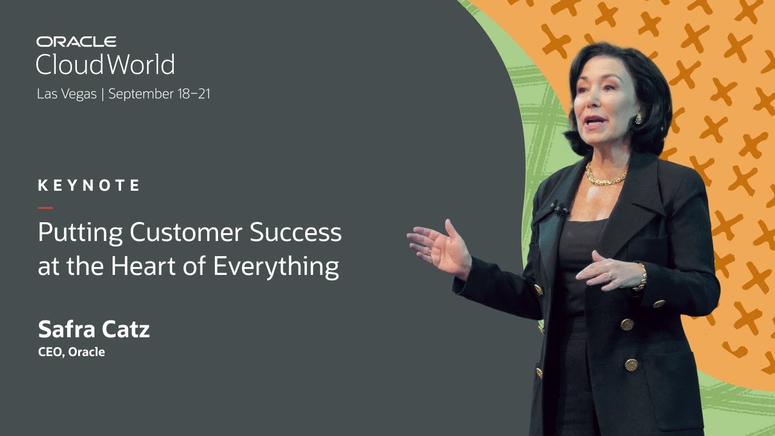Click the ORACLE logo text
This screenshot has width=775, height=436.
click(76, 42)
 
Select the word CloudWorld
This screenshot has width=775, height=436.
click(105, 64)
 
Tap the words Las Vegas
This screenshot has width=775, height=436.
click(67, 94)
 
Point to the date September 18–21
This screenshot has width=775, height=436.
click(159, 94)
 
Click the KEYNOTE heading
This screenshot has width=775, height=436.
click(89, 185)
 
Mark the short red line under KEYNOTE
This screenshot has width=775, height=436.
click(45, 208)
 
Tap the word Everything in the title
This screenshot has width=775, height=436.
click(275, 266)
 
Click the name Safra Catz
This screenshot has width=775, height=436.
click(94, 329)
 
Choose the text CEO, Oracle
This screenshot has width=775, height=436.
click(71, 352)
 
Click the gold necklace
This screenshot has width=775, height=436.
click(605, 177)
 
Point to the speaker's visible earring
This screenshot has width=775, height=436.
click(638, 119)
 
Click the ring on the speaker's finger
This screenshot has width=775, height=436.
click(610, 275)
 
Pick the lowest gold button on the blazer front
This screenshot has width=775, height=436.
click(632, 365)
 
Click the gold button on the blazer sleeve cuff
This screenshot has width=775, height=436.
click(659, 303)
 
